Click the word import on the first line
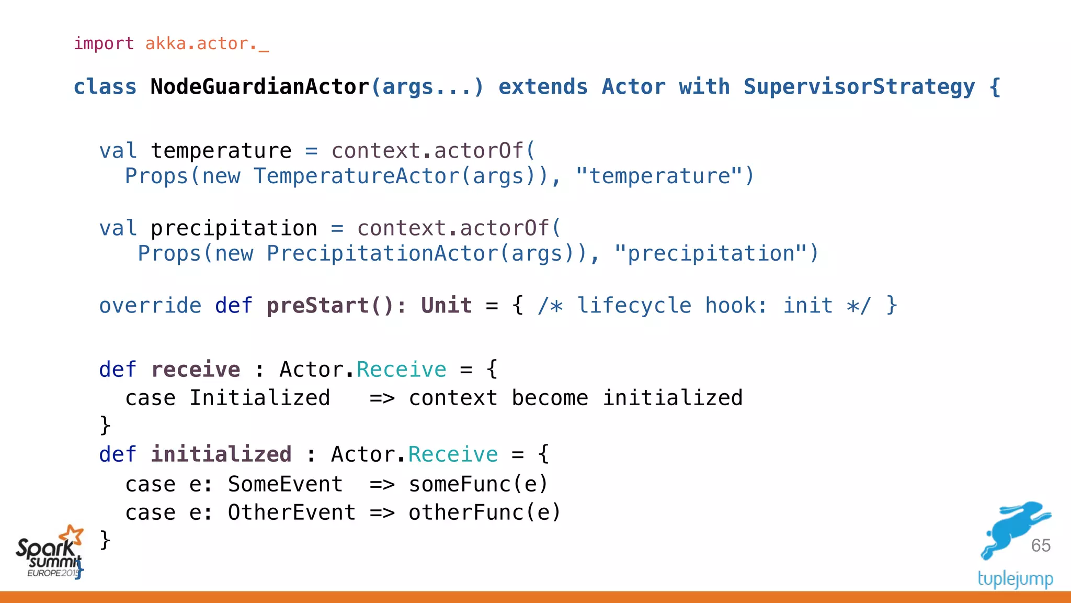pos(104,43)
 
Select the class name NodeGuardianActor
pos(259,87)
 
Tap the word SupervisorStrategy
pos(859,87)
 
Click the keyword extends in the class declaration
pos(543,87)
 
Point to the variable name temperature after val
pos(221,151)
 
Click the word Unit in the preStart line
pos(446,306)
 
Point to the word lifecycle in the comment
pos(634,306)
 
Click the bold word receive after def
pos(196,370)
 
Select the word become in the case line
pos(550,398)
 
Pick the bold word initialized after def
pos(221,454)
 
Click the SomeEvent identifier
pos(285,484)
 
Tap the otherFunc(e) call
pos(484,512)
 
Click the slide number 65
pos(1041,545)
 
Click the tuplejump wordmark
pos(1015,579)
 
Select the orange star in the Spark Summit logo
pos(72,535)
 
